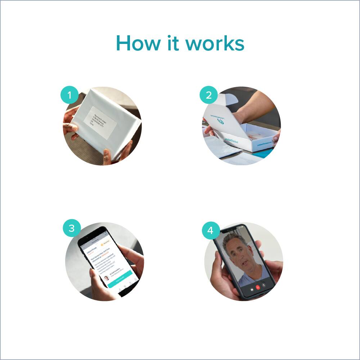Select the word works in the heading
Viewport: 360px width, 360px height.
pos(215,44)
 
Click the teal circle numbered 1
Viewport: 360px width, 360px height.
pos(69,96)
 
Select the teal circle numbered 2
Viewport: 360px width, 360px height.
pos(209,96)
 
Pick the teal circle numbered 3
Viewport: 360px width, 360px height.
pos(72,228)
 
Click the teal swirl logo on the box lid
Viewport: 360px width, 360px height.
pos(220,122)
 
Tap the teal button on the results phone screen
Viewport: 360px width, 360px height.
pos(120,279)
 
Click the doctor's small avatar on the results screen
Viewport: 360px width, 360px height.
pos(106,278)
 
